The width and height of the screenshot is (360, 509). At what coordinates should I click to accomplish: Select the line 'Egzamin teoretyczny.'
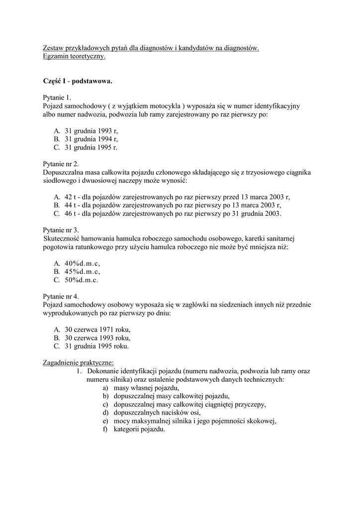tap(74, 57)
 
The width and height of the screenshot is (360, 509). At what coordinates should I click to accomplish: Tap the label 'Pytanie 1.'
tap(58, 97)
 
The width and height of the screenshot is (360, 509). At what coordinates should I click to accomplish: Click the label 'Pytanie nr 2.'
tap(61, 164)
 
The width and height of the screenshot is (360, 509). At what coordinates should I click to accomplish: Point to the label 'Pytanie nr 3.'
tap(61, 230)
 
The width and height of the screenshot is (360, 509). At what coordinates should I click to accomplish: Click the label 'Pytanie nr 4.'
tap(61, 296)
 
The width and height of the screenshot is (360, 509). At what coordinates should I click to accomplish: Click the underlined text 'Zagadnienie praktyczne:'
tap(79, 362)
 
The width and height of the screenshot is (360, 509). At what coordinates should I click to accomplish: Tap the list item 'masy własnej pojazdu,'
tap(146, 388)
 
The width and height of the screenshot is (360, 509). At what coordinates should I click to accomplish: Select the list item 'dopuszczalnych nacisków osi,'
tap(157, 413)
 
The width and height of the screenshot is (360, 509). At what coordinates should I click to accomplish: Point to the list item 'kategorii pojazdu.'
tap(139, 429)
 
